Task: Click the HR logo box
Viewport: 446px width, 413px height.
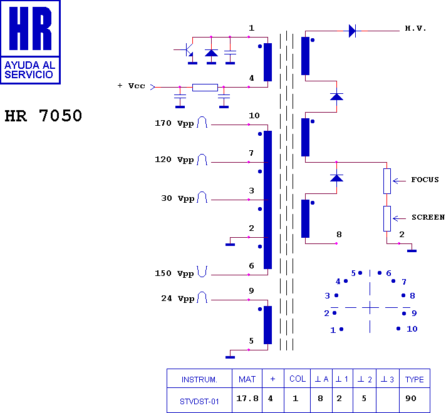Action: click(x=30, y=41)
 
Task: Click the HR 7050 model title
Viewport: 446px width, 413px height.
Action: click(x=43, y=116)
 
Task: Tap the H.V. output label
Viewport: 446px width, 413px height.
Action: click(x=415, y=29)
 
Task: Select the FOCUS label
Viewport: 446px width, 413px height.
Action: click(x=425, y=180)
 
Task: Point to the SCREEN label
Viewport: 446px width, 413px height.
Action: click(x=428, y=218)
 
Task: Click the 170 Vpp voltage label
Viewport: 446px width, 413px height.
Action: click(x=174, y=123)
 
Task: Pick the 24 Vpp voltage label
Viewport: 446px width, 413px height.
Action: click(x=177, y=298)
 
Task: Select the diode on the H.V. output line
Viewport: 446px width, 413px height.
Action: click(x=352, y=30)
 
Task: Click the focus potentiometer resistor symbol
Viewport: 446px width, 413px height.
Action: click(x=387, y=181)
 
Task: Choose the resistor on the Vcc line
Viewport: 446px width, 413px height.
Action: click(x=205, y=87)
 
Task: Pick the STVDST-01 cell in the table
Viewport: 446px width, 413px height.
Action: click(x=200, y=400)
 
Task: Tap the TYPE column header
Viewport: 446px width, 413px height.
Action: click(x=414, y=379)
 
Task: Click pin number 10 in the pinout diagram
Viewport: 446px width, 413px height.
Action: click(x=412, y=329)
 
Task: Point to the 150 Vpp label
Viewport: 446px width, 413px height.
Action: click(x=174, y=273)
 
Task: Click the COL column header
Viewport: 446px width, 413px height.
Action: click(x=298, y=379)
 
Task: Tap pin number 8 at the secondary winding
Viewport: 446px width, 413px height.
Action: click(x=339, y=235)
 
